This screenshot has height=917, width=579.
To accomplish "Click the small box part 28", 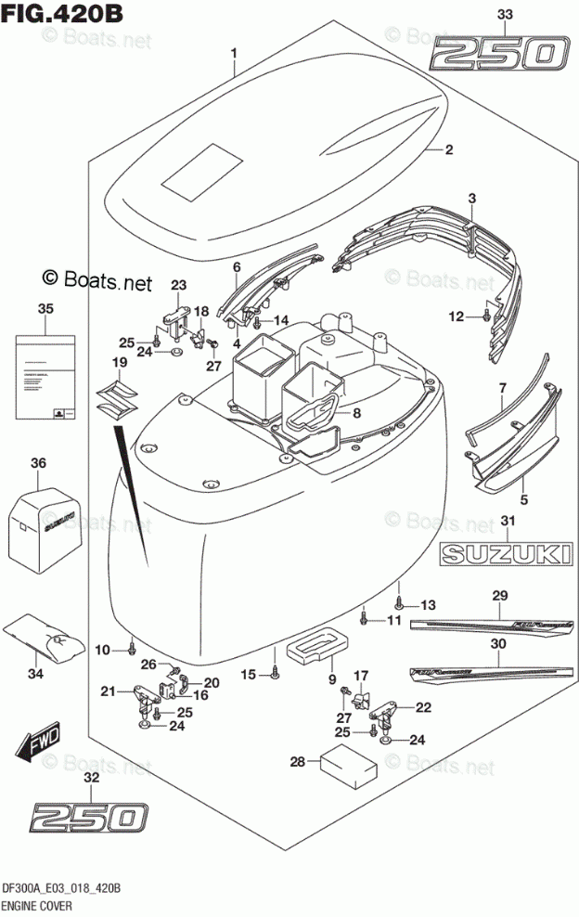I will click(x=346, y=763).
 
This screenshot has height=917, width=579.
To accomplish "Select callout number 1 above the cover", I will click(x=235, y=53).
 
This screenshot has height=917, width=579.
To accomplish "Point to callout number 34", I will click(x=37, y=673).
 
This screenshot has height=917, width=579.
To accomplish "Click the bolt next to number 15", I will click(x=276, y=674).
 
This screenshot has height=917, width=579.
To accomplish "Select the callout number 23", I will click(x=178, y=284).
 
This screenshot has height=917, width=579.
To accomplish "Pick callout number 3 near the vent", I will click(x=471, y=198).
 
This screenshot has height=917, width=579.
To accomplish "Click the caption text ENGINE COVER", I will click(x=41, y=907).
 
